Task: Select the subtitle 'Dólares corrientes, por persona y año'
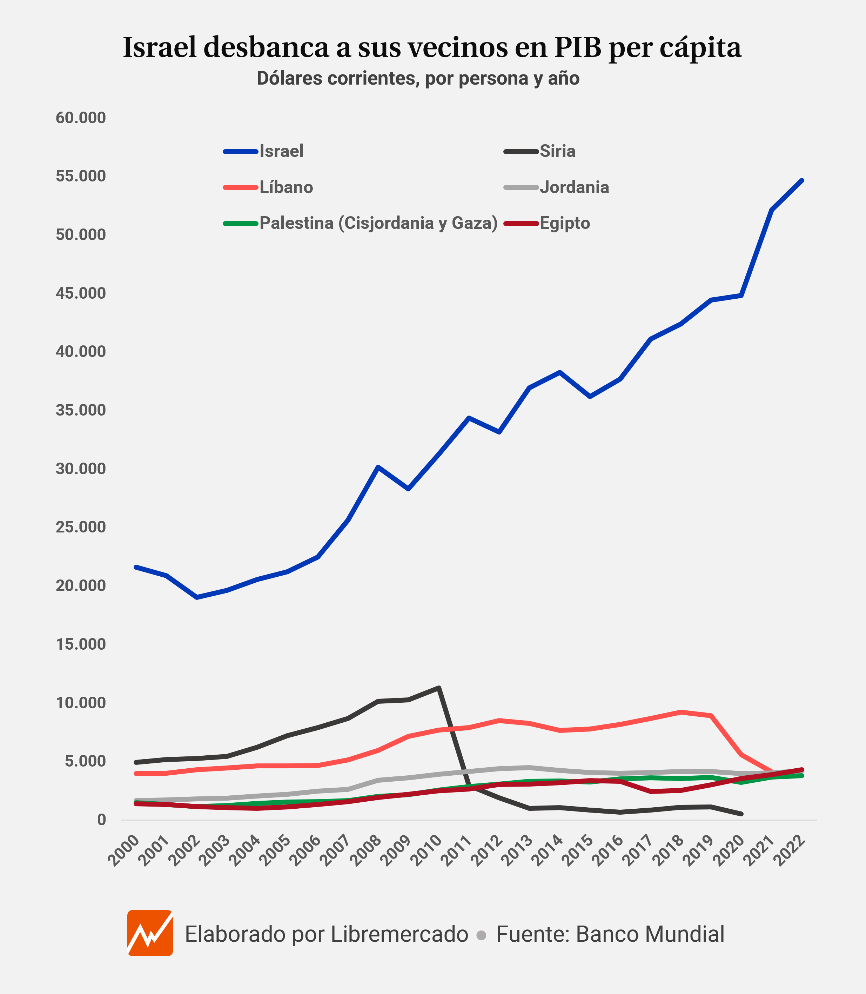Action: [418, 78]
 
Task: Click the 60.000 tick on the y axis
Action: [81, 118]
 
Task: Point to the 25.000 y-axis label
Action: [81, 527]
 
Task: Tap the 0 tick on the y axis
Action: [101, 820]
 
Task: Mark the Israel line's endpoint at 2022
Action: [802, 180]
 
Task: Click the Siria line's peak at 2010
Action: [438, 688]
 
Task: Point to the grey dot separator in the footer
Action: [481, 935]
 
